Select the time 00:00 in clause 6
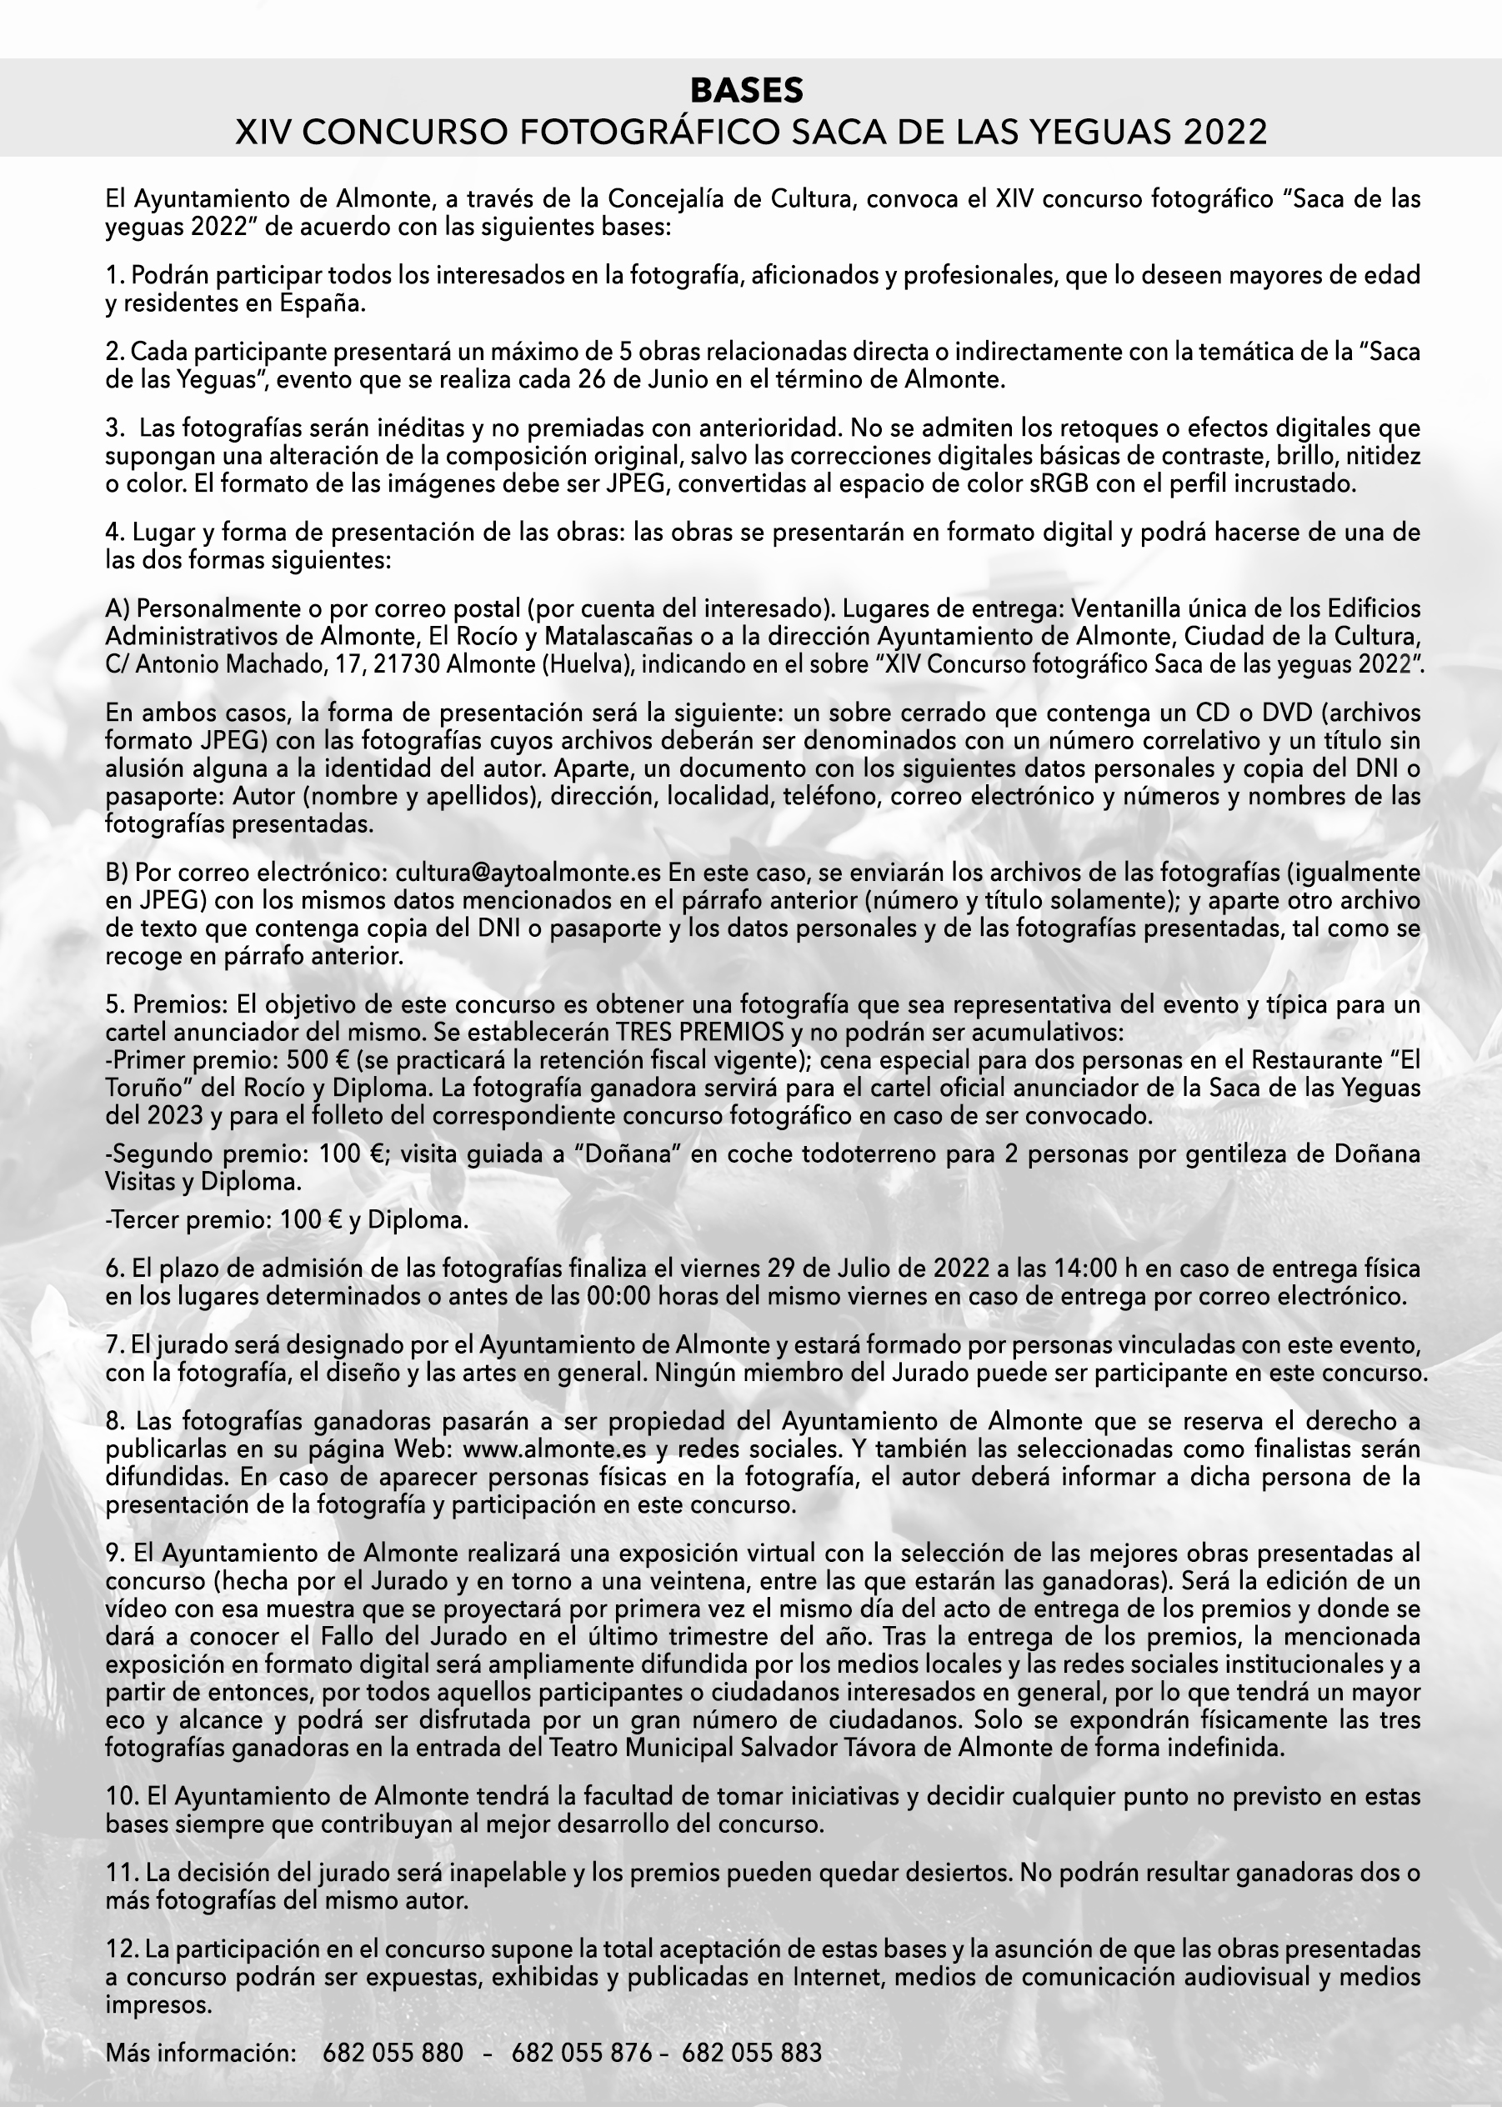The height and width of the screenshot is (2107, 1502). pyautogui.click(x=618, y=1296)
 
